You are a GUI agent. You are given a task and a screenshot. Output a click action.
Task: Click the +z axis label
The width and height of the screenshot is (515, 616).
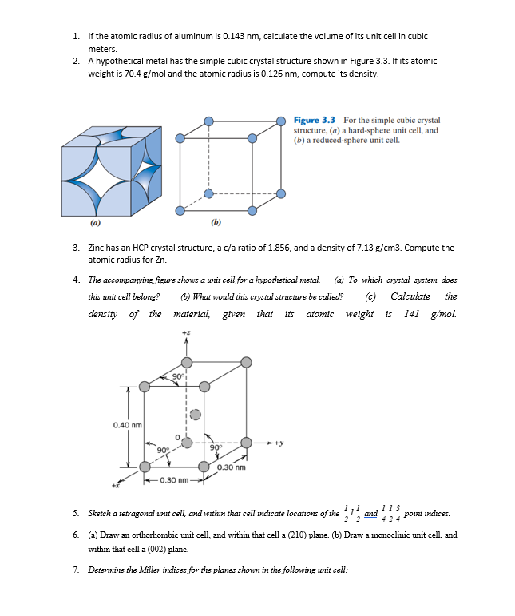pyautogui.click(x=186, y=332)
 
